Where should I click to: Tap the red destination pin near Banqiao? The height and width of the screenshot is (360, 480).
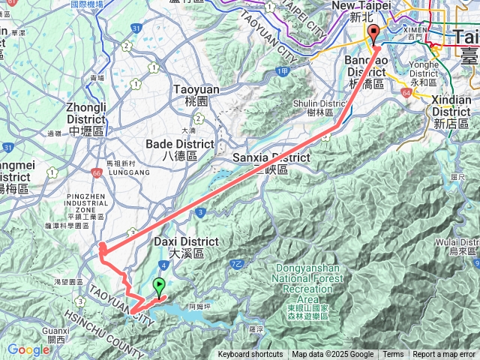[373, 34]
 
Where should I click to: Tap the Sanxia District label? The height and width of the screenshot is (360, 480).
[271, 163]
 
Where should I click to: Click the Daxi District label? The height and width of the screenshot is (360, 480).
[186, 247]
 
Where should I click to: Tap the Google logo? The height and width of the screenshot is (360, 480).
[28, 349]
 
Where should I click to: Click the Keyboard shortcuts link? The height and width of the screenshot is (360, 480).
[250, 355]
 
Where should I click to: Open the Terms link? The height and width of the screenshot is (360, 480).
[393, 355]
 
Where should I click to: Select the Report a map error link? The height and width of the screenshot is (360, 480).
[445, 355]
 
